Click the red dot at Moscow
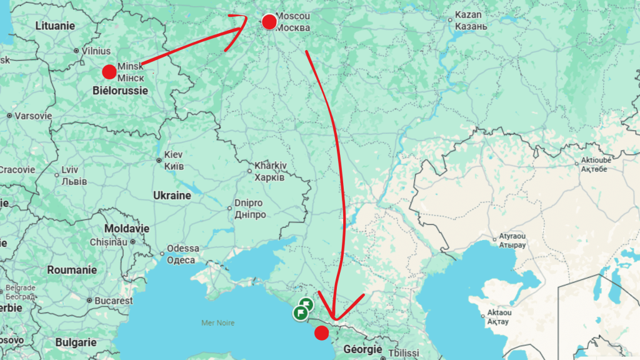pyautogui.click(x=269, y=22)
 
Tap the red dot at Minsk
pyautogui.click(x=109, y=71)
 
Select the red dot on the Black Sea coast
pyautogui.click(x=321, y=333)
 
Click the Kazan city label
pyautogui.click(x=469, y=20)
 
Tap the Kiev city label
pyautogui.click(x=174, y=160)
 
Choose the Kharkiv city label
pyautogui.click(x=269, y=172)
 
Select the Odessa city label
pyautogui.click(x=182, y=254)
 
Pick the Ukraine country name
pyautogui.click(x=172, y=196)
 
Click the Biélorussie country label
pyautogui.click(x=120, y=91)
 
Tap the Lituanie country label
pyautogui.click(x=55, y=26)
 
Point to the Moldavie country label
pyautogui.click(x=127, y=229)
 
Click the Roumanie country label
pyautogui.click(x=72, y=270)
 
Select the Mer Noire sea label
pyautogui.click(x=217, y=322)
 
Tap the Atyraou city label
pyautogui.click(x=512, y=241)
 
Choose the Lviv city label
pyautogui.click(x=70, y=176)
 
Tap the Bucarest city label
pyautogui.click(x=114, y=301)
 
